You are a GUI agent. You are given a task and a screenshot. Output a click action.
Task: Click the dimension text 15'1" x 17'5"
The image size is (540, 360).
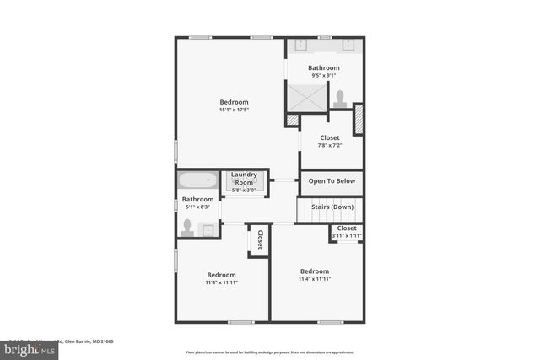coord(234,110)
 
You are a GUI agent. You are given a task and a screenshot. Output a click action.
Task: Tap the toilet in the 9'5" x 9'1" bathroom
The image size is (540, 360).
coord(341,98)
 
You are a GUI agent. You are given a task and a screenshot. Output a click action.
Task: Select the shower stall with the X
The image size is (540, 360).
coord(305,96)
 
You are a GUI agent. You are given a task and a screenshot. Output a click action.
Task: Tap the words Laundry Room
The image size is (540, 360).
coord(244,179)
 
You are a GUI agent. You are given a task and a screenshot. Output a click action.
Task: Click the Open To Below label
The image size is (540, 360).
coord(332,180)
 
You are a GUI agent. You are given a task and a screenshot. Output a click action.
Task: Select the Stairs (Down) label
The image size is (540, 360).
coord(332,207)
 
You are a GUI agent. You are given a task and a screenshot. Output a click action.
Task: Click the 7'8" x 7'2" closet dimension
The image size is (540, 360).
coord(329,145)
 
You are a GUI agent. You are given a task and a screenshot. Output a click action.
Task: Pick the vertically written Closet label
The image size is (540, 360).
coord(260,239)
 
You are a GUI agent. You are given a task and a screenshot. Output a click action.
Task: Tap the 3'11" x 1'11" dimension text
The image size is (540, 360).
coord(347,236)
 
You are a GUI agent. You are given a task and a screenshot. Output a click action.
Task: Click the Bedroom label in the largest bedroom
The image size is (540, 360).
coord(234,102)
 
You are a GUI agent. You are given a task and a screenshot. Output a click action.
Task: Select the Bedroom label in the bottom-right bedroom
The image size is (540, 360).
coord(315,271)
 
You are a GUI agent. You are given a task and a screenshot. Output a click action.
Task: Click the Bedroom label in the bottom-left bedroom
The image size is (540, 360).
coord(221,275)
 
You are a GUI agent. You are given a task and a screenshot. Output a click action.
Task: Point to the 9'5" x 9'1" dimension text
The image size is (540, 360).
coord(324,76)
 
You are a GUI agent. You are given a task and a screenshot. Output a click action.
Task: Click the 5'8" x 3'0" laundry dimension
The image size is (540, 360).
coord(244,190)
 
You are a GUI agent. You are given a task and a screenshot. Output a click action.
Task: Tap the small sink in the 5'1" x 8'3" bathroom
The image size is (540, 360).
coord(206,229)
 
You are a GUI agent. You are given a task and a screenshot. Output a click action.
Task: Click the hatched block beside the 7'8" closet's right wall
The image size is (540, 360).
coord(357,118)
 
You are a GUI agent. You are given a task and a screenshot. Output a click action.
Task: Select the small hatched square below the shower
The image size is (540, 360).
coord(293,121)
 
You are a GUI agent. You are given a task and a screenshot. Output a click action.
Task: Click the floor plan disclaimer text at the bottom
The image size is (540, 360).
coord(270,352)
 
